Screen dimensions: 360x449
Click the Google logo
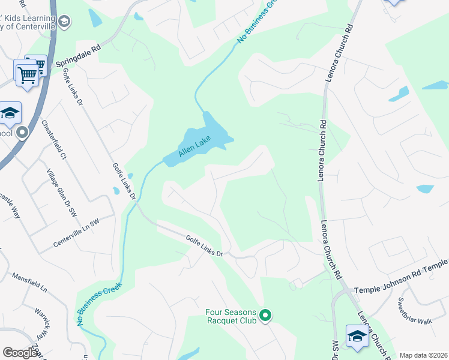pyautogui.click(x=20, y=353)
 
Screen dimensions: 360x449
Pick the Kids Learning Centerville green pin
pyautogui.click(x=65, y=23)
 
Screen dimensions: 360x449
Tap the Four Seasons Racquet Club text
pyautogui.click(x=231, y=316)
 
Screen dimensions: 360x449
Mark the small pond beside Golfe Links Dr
pyautogui.click(x=116, y=191)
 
